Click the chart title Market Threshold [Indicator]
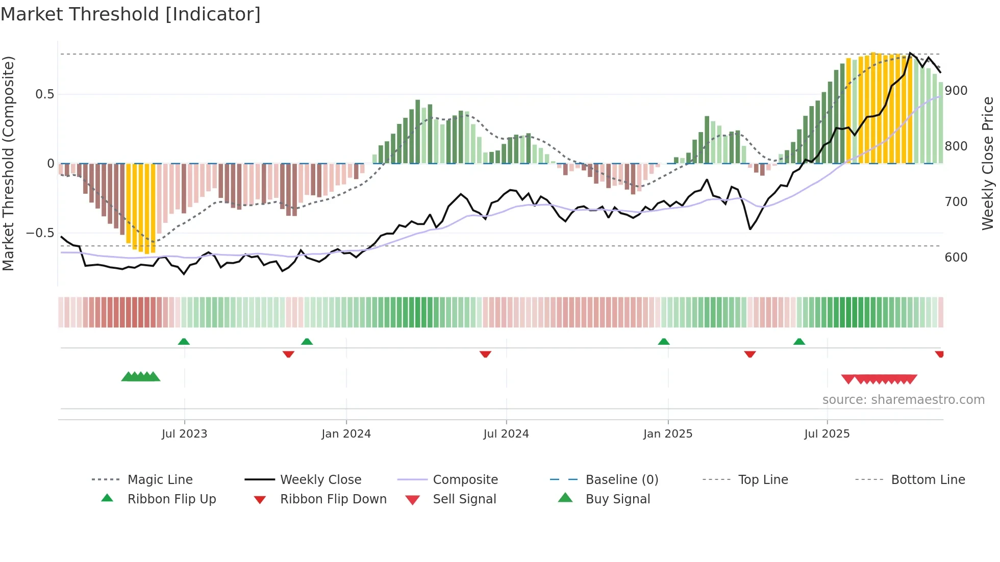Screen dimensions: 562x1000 pos(131,14)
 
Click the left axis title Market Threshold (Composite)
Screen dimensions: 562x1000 pos(8,163)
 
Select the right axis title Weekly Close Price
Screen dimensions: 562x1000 pos(988,163)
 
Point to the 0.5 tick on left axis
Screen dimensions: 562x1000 pos(44,94)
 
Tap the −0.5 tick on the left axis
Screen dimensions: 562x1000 pos(40,233)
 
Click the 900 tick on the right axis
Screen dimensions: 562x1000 pos(956,91)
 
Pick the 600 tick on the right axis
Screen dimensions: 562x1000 pos(956,258)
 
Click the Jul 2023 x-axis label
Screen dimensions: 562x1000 pos(184,434)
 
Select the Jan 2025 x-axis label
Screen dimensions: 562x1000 pos(667,434)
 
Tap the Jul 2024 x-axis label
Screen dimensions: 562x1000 pos(506,434)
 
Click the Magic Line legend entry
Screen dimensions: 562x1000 pos(160,480)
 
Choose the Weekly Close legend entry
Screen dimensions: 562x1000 pos(320,480)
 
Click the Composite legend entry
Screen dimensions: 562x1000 pos(465,480)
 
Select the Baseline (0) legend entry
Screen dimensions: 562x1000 pos(621,480)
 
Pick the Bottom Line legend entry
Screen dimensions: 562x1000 pos(928,480)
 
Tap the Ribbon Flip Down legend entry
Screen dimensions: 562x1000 pos(333,499)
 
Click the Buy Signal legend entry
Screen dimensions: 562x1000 pos(617,499)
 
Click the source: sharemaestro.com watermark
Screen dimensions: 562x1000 pos(903,400)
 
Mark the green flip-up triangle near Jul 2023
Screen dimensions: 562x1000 pos(184,342)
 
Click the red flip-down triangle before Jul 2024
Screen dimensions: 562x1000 pos(485,354)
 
